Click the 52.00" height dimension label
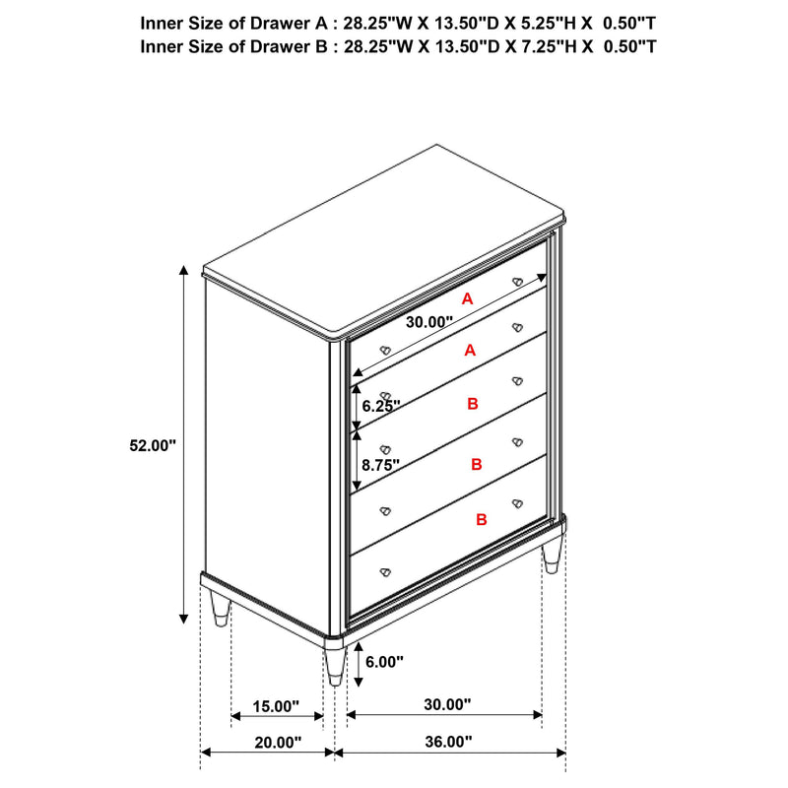tap(152, 445)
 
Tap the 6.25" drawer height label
tap(379, 406)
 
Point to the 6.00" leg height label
tap(384, 663)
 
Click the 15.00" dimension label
tap(276, 705)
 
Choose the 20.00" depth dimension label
tap(276, 742)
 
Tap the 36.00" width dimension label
tap(449, 742)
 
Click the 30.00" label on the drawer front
tap(427, 321)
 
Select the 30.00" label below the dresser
tap(447, 705)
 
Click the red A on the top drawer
tap(468, 298)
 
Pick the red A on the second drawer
tap(470, 351)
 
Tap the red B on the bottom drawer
tap(482, 519)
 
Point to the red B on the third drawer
tap(473, 404)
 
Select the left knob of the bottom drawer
tap(385, 570)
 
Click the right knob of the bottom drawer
tap(515, 504)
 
